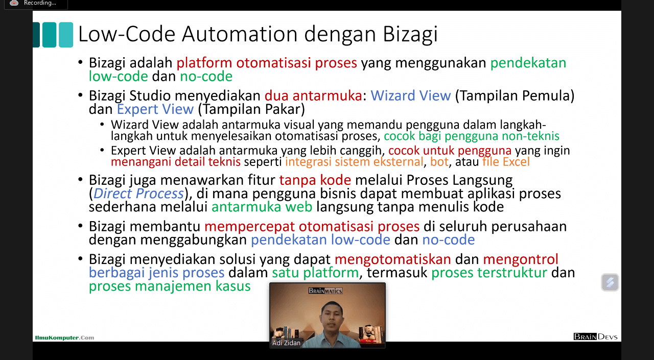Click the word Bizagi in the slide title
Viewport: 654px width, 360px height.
[410, 34]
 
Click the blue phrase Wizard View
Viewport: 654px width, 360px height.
[410, 95]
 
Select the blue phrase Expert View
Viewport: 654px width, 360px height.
[155, 109]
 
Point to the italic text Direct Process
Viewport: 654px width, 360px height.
[138, 194]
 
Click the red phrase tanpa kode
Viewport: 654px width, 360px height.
[315, 180]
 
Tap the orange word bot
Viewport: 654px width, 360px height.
[439, 162]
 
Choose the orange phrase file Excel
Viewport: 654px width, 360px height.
[506, 162]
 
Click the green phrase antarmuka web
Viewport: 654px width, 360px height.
[262, 207]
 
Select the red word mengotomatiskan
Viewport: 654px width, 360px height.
[393, 259]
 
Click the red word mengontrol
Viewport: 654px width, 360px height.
[521, 259]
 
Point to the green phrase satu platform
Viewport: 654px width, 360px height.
[315, 273]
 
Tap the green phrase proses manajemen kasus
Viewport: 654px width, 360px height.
[170, 286]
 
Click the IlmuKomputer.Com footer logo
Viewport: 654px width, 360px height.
[64, 338]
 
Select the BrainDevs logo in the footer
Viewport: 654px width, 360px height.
[596, 337]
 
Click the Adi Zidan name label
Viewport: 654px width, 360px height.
[286, 343]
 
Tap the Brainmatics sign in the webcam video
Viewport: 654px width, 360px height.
[325, 291]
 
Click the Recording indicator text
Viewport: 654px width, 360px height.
[40, 3]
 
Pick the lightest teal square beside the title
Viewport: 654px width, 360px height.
[66, 35]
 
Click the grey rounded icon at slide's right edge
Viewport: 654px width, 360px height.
[610, 282]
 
